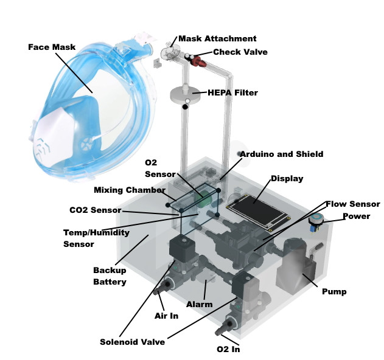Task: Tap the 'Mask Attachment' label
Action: pyautogui.click(x=217, y=38)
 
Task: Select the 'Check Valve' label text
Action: pyautogui.click(x=240, y=52)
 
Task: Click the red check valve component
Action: pyautogui.click(x=199, y=60)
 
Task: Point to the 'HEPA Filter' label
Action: pyautogui.click(x=232, y=92)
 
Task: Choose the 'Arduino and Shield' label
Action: pyautogui.click(x=281, y=154)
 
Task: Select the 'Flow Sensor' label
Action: pyautogui.click(x=352, y=204)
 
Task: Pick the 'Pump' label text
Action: pyautogui.click(x=334, y=291)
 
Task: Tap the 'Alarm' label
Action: pyautogui.click(x=200, y=304)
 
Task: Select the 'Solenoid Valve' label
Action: pyautogui.click(x=132, y=342)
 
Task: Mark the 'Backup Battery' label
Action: pyautogui.click(x=110, y=275)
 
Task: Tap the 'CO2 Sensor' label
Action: pyautogui.click(x=94, y=210)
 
